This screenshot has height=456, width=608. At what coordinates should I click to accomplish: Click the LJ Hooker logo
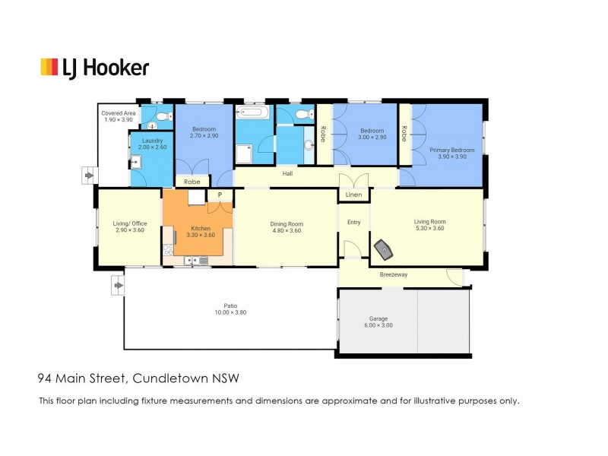coord(94,68)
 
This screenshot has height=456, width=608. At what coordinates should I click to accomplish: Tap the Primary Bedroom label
coord(451,150)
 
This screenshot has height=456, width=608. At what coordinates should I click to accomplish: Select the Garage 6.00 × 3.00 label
coord(378,321)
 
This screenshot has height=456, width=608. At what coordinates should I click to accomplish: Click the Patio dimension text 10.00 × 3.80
coord(231,312)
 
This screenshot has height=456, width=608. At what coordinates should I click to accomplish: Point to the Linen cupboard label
coord(353,195)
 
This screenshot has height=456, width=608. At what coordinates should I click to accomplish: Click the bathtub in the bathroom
coord(253,112)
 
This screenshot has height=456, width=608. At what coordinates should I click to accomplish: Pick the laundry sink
coord(135,162)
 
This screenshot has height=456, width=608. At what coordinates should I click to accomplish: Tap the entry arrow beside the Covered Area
coord(90,176)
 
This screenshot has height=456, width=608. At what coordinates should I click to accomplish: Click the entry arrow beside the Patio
coord(119,286)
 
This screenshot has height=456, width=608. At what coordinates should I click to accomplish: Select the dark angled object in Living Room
coord(384,249)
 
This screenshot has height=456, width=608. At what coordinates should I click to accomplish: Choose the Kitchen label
coord(201,229)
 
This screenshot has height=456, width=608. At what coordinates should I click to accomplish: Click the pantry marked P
coord(220,195)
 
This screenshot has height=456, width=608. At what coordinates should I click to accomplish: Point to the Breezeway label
coord(394,274)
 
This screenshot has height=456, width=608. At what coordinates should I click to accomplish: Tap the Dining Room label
coord(287,224)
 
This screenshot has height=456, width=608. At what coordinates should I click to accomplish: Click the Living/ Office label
coord(130,223)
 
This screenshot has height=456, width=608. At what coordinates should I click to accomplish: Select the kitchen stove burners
coord(168,249)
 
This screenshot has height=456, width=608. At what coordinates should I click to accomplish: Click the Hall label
coord(287,174)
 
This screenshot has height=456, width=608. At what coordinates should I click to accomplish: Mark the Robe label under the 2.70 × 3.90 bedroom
coord(192,182)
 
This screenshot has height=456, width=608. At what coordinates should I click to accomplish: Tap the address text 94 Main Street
coord(81,378)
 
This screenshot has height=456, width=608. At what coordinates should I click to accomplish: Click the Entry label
coord(353,222)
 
